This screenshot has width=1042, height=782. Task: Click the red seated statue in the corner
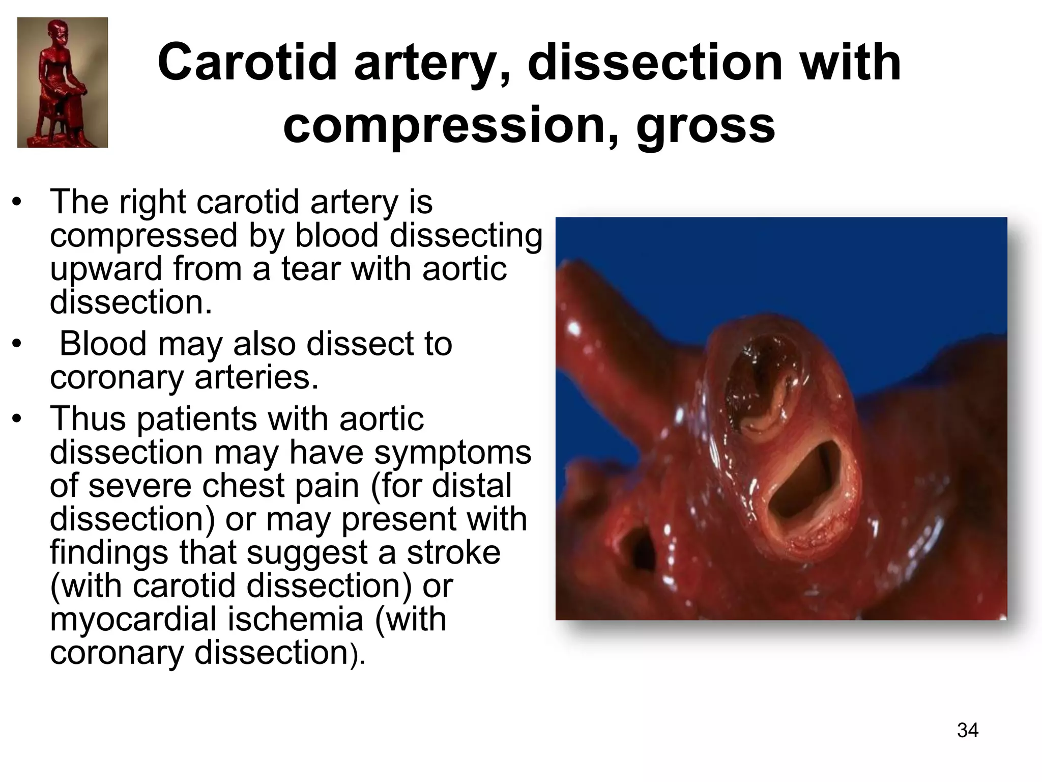63,82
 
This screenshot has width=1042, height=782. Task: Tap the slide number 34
967,730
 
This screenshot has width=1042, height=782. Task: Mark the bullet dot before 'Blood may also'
17,345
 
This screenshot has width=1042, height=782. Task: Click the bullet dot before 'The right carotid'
17,203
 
